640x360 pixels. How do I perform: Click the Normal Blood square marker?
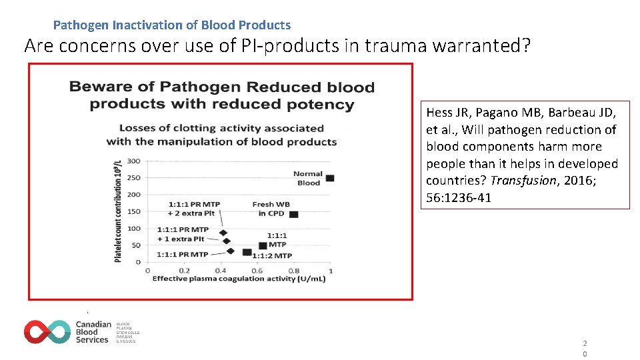pos(329,178)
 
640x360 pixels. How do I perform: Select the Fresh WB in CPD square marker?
pos(293,214)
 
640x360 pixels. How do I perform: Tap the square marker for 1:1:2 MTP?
pos(247,252)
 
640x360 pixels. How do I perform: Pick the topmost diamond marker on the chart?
pos(223,233)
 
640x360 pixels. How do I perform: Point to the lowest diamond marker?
pos(231,251)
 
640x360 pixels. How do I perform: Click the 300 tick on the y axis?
pos(133,161)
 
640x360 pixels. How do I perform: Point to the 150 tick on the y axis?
pos(133,211)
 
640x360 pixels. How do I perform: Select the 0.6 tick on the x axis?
pos(257,270)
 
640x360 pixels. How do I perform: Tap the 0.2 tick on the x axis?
pos(183,270)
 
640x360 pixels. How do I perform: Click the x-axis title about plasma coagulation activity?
pos(239,279)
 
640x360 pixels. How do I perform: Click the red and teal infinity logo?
pos(47,331)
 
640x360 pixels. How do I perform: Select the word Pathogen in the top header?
pos(81,25)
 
